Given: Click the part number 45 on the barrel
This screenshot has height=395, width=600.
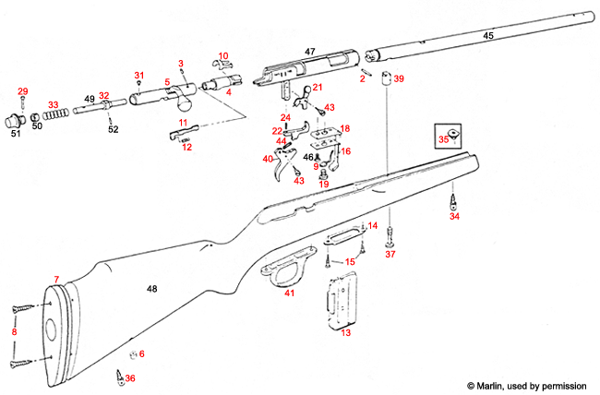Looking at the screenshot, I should (x=488, y=35).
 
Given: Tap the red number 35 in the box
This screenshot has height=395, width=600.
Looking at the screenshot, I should (x=443, y=139).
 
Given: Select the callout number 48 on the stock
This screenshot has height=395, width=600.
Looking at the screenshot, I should (x=153, y=290).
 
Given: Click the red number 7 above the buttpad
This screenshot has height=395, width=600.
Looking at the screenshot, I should (x=55, y=279).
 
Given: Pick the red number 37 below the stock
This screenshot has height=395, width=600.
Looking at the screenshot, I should (x=390, y=253).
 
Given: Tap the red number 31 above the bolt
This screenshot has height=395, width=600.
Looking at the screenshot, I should (x=139, y=75).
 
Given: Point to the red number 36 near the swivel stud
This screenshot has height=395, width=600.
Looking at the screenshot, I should (x=129, y=378).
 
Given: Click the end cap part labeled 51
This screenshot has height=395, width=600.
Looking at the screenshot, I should (x=14, y=121).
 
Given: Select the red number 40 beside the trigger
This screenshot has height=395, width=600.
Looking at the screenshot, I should (x=268, y=159).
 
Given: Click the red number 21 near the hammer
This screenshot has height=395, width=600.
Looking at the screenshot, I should (x=318, y=88).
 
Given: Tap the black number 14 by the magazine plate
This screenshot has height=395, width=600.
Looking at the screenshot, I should (x=372, y=226).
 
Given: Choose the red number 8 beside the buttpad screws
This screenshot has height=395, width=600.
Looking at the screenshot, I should (x=13, y=331).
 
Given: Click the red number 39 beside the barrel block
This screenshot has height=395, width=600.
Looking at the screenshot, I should (x=399, y=80).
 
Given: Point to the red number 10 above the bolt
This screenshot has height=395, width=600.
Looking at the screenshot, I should (x=222, y=56).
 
